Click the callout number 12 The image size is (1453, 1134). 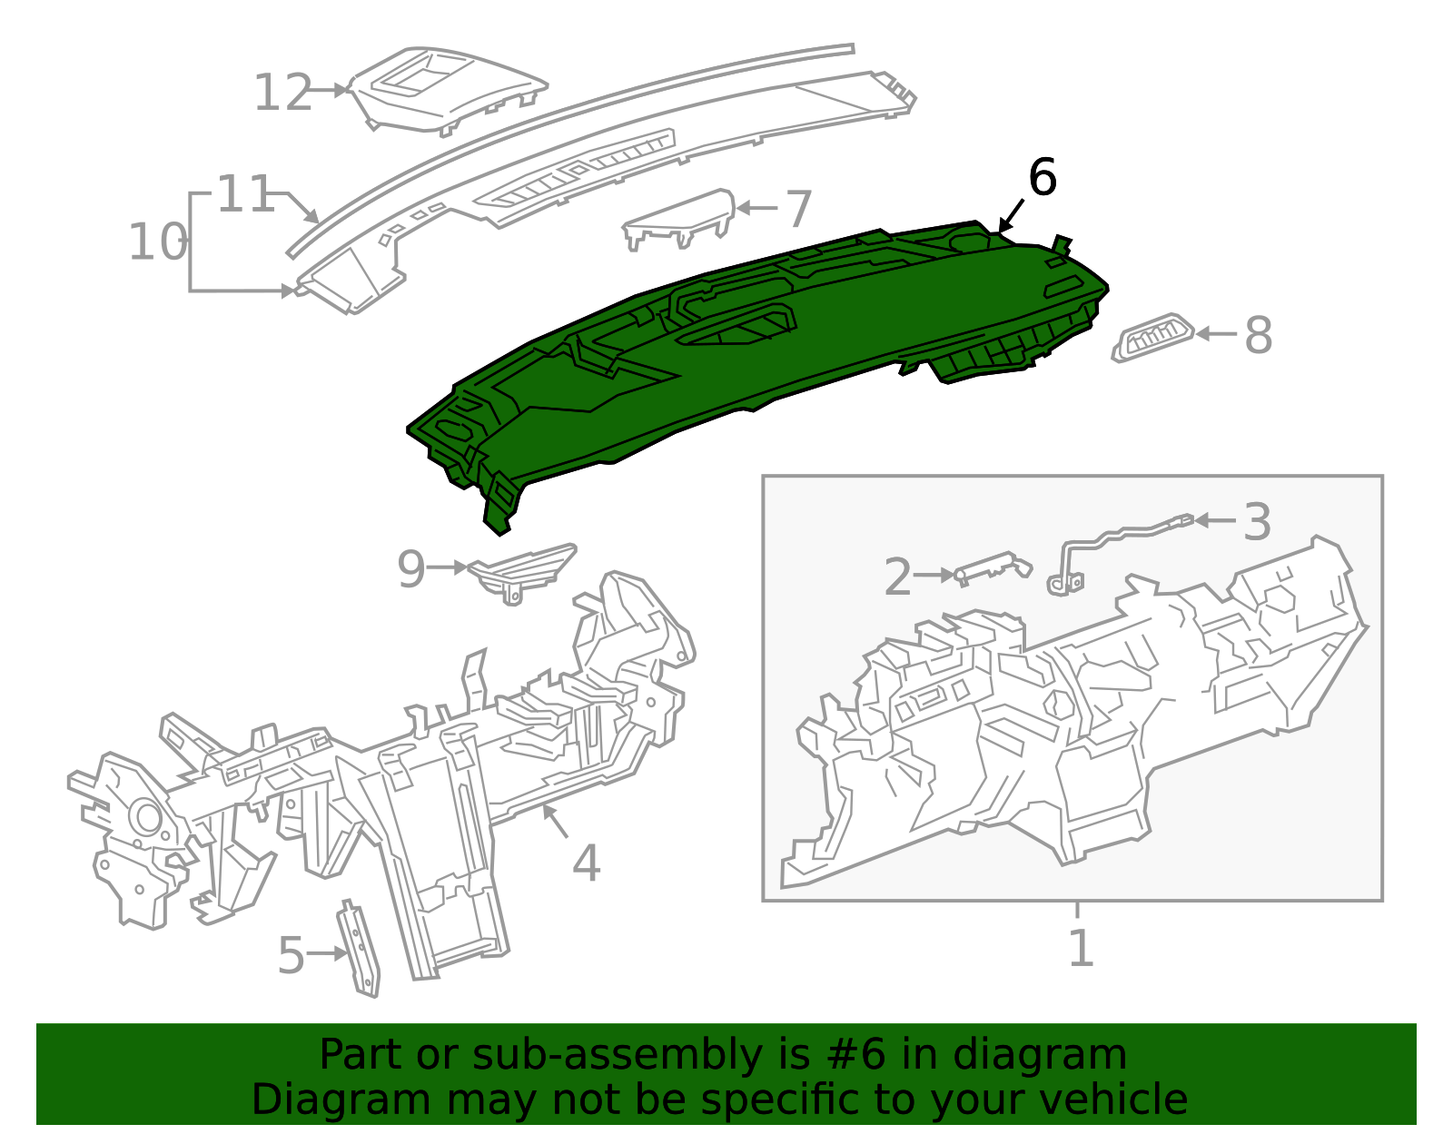pyautogui.click(x=282, y=93)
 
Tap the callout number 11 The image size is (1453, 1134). pyautogui.click(x=245, y=194)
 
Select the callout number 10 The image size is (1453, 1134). pyautogui.click(x=157, y=242)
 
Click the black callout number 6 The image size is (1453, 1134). pyautogui.click(x=1042, y=177)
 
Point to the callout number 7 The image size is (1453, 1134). pyautogui.click(x=797, y=210)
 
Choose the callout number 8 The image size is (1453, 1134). pyautogui.click(x=1258, y=335)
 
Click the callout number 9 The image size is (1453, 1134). pyautogui.click(x=410, y=569)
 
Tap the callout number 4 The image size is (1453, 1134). pyautogui.click(x=586, y=863)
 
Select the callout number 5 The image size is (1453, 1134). pyautogui.click(x=291, y=955)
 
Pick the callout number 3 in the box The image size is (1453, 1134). pyautogui.click(x=1257, y=522)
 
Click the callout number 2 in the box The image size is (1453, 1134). pyautogui.click(x=897, y=577)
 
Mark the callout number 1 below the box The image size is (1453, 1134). pyautogui.click(x=1080, y=948)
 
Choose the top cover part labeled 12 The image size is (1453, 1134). pyautogui.click(x=445, y=89)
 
